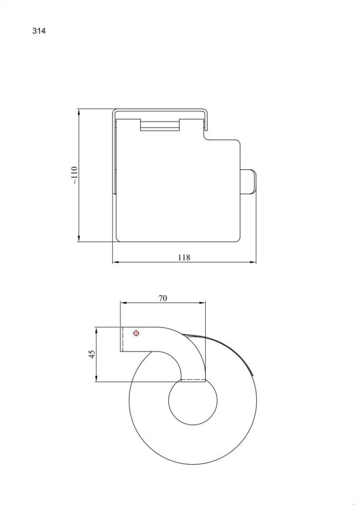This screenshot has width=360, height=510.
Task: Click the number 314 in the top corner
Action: click(39, 31)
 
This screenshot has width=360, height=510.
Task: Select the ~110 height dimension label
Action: click(74, 175)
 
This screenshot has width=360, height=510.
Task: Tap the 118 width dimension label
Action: click(184, 257)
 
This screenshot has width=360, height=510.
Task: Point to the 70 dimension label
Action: click(163, 298)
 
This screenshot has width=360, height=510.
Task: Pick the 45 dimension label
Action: click(91, 354)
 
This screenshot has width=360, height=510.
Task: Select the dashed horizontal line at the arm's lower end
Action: click(193, 381)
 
